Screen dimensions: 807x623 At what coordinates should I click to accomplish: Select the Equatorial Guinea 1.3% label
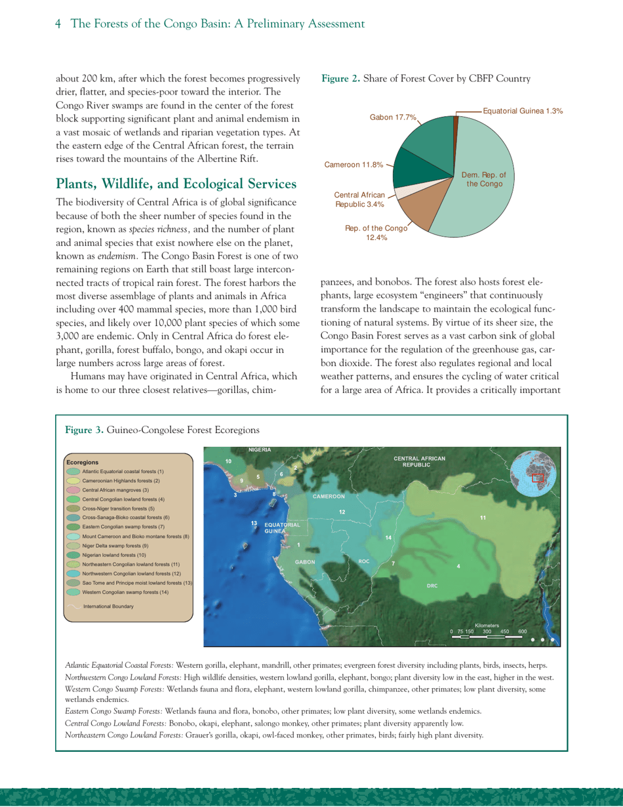[x=523, y=111]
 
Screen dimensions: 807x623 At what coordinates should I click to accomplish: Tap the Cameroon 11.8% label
[x=354, y=165]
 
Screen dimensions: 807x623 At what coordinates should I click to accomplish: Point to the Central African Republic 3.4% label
[x=359, y=199]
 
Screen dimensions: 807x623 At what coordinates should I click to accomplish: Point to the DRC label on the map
[x=432, y=585]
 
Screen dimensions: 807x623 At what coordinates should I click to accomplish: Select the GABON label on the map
[x=305, y=562]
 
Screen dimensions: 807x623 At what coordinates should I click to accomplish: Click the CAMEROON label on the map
[x=329, y=496]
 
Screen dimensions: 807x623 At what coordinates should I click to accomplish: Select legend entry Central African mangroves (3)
[x=116, y=489]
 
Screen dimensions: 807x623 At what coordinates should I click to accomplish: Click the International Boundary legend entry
[x=108, y=606]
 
